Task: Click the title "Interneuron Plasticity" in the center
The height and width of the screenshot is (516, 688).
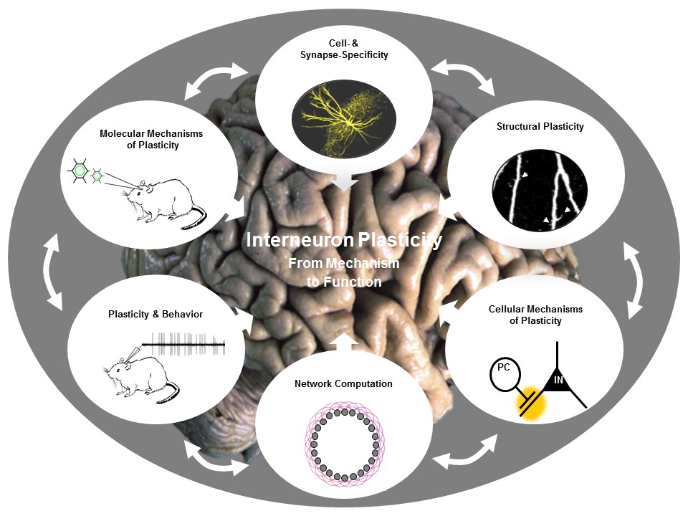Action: (344, 240)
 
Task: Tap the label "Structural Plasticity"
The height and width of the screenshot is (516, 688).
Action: (540, 127)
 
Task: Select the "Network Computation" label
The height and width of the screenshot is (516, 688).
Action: (343, 383)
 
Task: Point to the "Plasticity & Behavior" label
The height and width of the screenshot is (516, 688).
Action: (160, 314)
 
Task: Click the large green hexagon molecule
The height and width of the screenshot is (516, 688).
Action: (80, 172)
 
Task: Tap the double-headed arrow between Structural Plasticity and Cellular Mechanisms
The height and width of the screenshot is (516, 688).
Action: (634, 279)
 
